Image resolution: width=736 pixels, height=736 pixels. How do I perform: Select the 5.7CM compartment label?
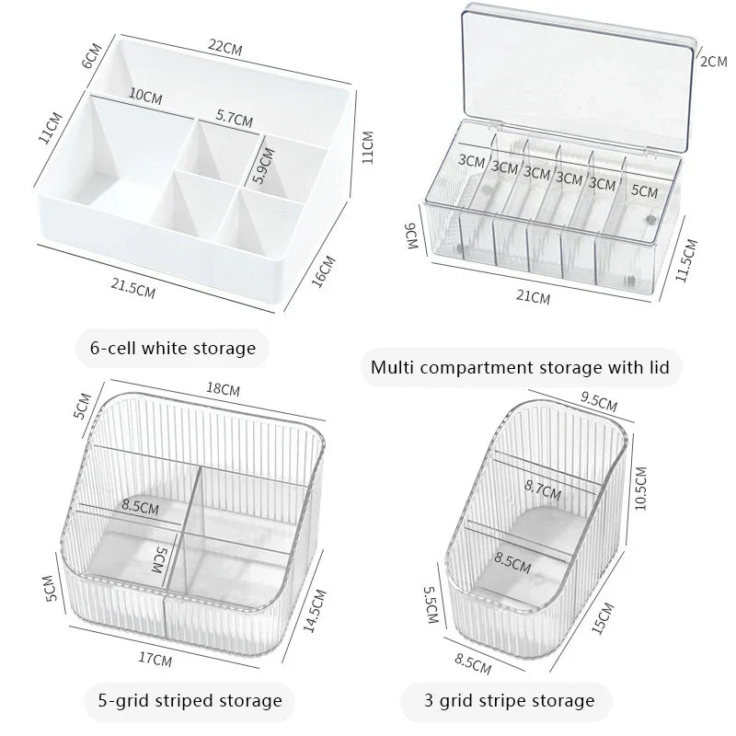[235, 117]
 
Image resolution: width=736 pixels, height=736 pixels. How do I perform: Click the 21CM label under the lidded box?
[534, 297]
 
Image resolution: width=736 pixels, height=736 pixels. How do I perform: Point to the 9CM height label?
[411, 238]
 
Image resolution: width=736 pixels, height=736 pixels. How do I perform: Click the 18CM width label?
[224, 390]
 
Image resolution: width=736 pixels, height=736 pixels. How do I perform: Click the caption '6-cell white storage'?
[172, 348]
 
